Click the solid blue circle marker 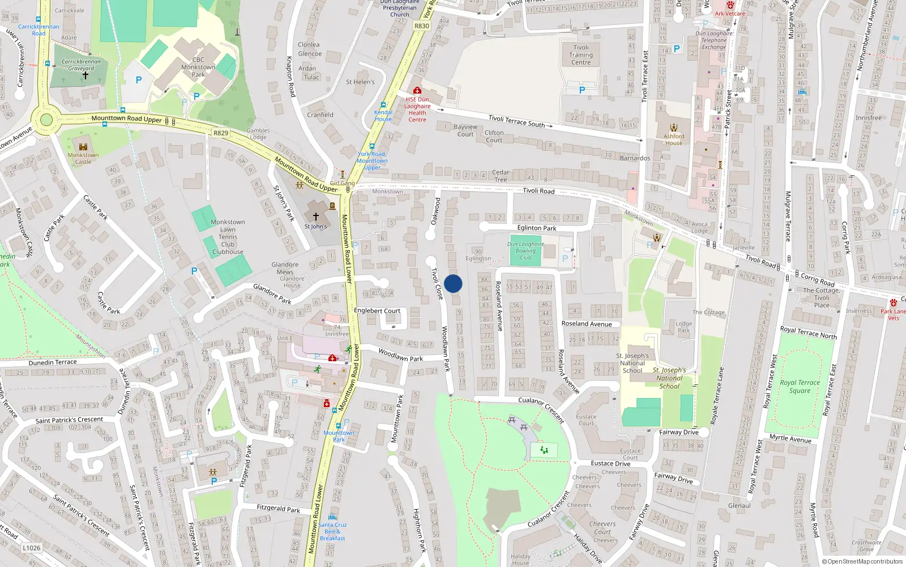[x=453, y=283]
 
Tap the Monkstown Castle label [x=83, y=158]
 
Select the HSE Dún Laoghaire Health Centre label [x=417, y=109]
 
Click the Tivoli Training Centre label [x=581, y=55]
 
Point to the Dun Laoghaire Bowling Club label [x=525, y=251]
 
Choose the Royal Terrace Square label [x=800, y=386]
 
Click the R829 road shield [x=221, y=133]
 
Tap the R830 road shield [x=422, y=26]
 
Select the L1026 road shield [x=32, y=548]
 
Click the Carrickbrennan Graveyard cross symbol [x=86, y=75]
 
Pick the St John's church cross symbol [x=316, y=217]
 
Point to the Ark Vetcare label [x=730, y=14]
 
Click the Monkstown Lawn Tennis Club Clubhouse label [x=228, y=237]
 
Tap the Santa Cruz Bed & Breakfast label [x=332, y=531]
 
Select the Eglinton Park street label [x=537, y=228]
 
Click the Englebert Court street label [x=377, y=311]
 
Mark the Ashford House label [x=674, y=139]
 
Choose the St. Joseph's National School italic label [x=669, y=378]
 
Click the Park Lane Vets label [x=894, y=315]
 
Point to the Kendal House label [x=383, y=116]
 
